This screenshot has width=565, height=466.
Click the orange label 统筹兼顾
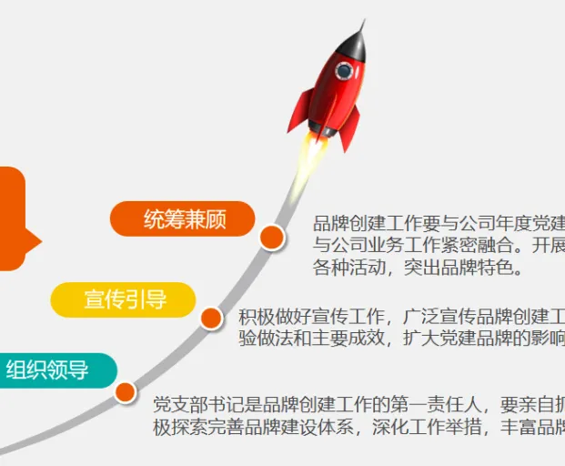pos(182,218)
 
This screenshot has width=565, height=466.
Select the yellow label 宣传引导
pos(123,299)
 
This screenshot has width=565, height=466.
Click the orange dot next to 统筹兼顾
pos(272,238)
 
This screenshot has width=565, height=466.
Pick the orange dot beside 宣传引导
pos(211,318)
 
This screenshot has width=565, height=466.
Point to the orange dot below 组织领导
pos(125,392)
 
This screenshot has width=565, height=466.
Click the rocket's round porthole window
pos(344,71)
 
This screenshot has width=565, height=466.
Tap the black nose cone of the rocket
pos(354,44)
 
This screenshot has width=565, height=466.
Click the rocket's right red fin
pos(350,129)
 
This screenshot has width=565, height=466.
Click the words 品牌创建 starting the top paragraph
pos(349,224)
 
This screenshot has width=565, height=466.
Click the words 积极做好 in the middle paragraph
pos(275,317)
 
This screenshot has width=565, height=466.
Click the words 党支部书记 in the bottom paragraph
pos(199,404)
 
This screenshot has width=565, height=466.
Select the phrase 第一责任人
pos(436,404)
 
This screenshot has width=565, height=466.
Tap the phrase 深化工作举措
pos(427,427)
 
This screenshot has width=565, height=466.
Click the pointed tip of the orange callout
pos(42,241)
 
